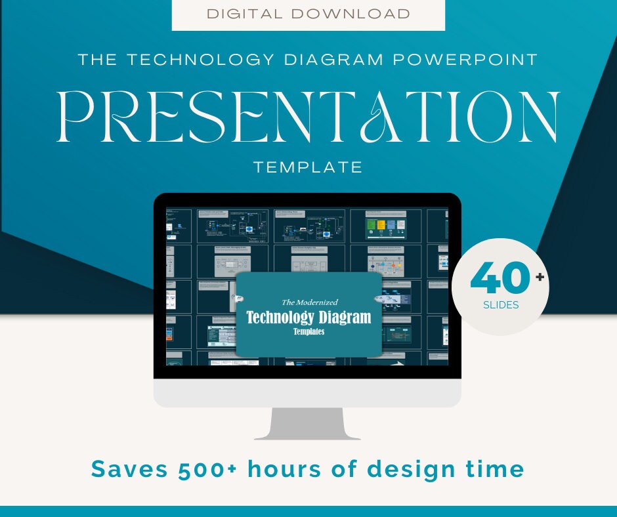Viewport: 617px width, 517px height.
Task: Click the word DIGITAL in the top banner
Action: click(x=240, y=14)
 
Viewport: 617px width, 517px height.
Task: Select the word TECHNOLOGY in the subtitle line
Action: click(x=201, y=60)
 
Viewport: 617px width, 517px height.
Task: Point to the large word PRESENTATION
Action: click(x=308, y=117)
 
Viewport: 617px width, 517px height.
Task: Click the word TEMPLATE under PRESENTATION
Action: click(x=308, y=167)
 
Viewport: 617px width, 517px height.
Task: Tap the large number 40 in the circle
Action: click(x=500, y=279)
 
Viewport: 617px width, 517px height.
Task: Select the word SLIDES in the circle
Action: click(x=501, y=305)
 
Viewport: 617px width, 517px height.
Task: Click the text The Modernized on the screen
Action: click(x=309, y=302)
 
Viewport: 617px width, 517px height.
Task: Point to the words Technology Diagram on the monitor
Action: click(x=308, y=318)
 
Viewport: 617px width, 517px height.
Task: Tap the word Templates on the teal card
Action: click(x=308, y=332)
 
